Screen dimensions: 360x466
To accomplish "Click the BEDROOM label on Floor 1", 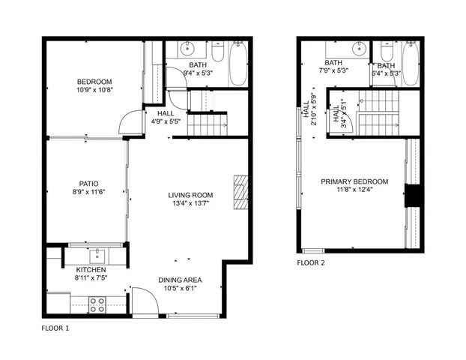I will [94, 81].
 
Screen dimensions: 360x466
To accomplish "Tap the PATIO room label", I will [90, 183].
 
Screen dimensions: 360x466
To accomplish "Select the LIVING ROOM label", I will [190, 195].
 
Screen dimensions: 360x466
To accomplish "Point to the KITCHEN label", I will [91, 270].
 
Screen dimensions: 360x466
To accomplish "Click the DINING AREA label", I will [180, 280].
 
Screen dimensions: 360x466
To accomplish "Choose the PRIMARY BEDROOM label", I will [354, 181].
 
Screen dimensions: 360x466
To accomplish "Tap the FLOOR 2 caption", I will [311, 262].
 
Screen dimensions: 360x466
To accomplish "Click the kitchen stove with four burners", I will [97, 304].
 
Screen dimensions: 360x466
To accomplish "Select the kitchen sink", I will [95, 253].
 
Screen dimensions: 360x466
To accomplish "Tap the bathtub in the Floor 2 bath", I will [412, 61].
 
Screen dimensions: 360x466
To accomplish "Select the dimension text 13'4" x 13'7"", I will [190, 203].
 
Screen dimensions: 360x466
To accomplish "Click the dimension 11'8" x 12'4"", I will [354, 190].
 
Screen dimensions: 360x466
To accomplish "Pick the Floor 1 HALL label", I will [166, 113].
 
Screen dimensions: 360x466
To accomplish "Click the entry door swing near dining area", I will [145, 300].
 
